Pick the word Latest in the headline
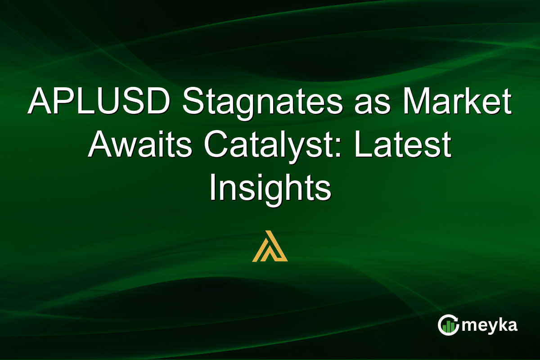click(x=402, y=146)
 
